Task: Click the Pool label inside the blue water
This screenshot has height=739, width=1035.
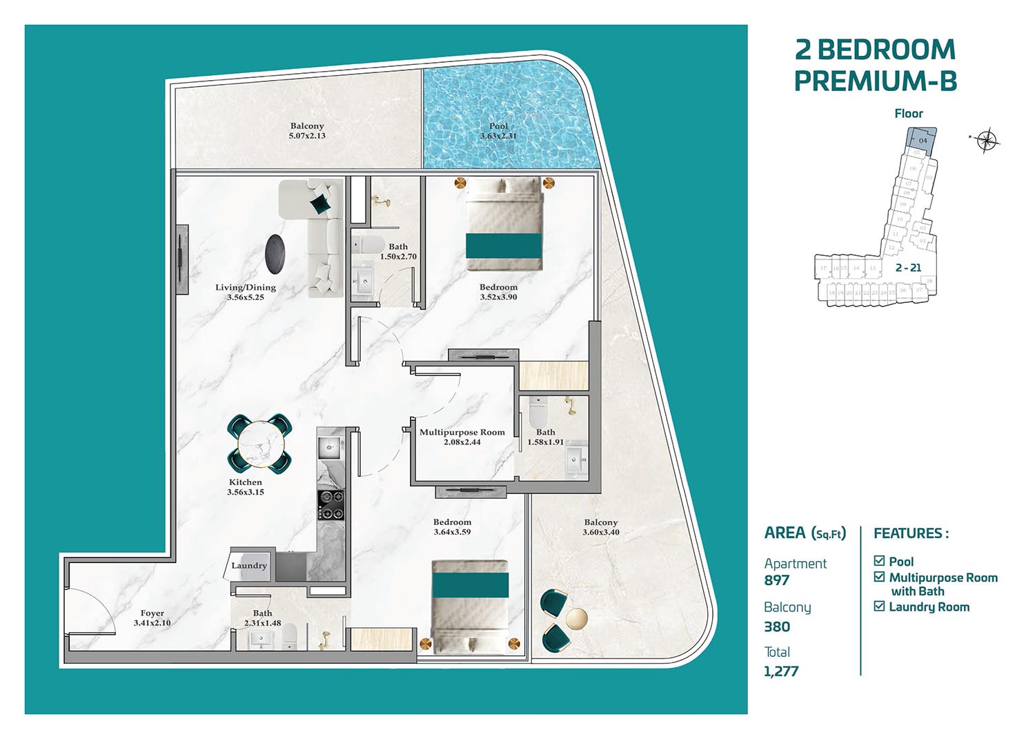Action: tap(498, 126)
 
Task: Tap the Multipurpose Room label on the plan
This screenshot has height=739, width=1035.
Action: tap(462, 432)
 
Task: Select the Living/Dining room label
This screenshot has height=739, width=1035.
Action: tap(245, 287)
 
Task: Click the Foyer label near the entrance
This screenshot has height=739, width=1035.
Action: tap(152, 613)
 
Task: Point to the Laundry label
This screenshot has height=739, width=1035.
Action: tap(248, 565)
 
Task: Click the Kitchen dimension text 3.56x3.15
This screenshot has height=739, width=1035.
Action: tap(246, 492)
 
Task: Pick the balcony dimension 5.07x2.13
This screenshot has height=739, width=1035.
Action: tap(307, 136)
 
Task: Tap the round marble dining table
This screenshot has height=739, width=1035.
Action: tap(259, 444)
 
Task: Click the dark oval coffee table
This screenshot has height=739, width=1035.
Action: tap(276, 253)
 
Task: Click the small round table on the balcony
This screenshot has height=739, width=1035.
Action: tap(577, 618)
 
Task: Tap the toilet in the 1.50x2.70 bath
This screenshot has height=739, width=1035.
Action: tap(366, 245)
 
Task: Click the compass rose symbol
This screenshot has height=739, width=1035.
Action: tap(988, 140)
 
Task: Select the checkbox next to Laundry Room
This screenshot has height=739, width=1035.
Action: tap(879, 607)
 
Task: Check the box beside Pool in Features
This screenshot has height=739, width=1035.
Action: tap(879, 561)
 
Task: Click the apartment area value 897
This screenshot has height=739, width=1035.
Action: tap(777, 580)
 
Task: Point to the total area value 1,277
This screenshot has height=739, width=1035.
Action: tap(781, 671)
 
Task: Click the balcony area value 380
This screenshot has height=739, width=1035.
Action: tap(777, 627)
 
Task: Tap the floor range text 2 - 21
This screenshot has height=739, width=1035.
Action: tap(908, 268)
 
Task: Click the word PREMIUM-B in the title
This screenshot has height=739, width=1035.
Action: tap(875, 81)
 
